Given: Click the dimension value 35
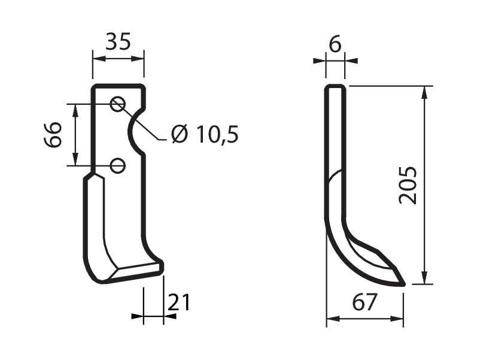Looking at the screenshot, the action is pyautogui.click(x=118, y=41).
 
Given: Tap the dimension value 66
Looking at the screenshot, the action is pyautogui.click(x=53, y=135).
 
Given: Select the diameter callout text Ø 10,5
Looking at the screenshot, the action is pyautogui.click(x=205, y=134).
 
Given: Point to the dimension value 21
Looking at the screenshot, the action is pyautogui.click(x=179, y=302).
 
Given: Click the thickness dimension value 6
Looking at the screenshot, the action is pyautogui.click(x=335, y=44).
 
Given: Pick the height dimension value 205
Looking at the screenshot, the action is pyautogui.click(x=408, y=185).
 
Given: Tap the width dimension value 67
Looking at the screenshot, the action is pyautogui.click(x=364, y=302).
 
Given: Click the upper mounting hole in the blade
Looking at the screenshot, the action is pyautogui.click(x=118, y=104).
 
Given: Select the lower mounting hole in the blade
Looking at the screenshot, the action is pyautogui.click(x=117, y=166).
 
